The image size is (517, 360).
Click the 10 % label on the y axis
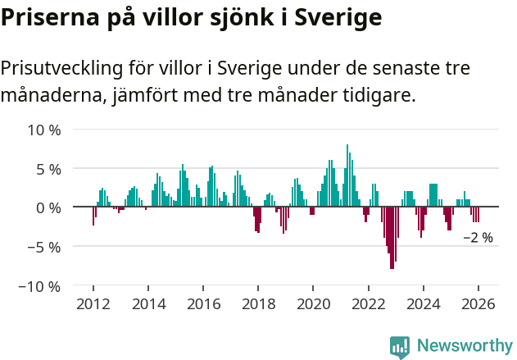[44, 130]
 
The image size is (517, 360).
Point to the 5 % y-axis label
[48, 169]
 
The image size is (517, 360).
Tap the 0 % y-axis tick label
[48, 208]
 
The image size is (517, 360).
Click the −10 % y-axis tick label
[40, 286]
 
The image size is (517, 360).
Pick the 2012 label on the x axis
[93, 304]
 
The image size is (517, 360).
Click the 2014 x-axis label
[147, 304]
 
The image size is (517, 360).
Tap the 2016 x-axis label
[203, 304]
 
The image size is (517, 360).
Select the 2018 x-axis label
[258, 304]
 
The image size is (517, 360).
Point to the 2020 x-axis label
[313, 304]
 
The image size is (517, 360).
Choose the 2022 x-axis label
[368, 304]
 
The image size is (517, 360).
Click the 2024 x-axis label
[424, 304]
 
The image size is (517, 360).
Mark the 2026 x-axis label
[478, 304]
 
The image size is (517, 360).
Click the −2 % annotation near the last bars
[478, 238]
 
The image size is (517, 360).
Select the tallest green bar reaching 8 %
[347, 175]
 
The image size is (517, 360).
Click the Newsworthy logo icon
[400, 346]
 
